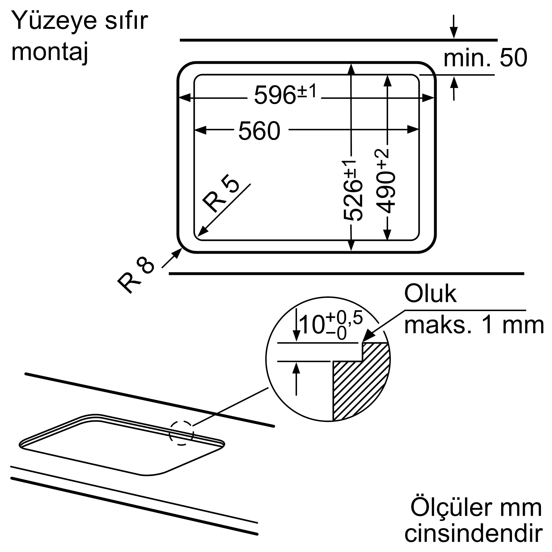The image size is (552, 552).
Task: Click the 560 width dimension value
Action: (259, 131)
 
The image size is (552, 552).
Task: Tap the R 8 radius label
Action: (136, 274)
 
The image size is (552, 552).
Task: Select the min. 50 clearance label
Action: (485, 58)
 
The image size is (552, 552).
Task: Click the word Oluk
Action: (430, 294)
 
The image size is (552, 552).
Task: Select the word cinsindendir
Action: (473, 533)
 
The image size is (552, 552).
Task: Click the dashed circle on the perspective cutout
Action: (181, 433)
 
